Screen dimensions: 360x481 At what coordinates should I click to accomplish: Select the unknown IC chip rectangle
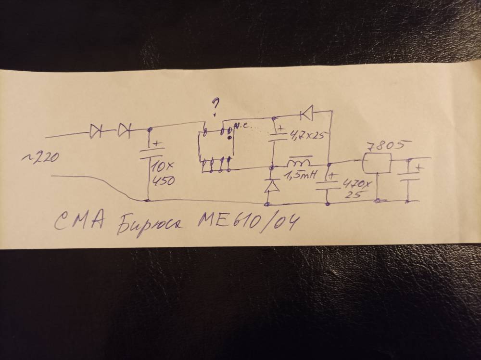click(215, 146)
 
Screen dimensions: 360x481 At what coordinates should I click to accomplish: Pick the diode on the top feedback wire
click(305, 114)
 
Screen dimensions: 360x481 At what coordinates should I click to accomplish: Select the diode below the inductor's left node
click(272, 185)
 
